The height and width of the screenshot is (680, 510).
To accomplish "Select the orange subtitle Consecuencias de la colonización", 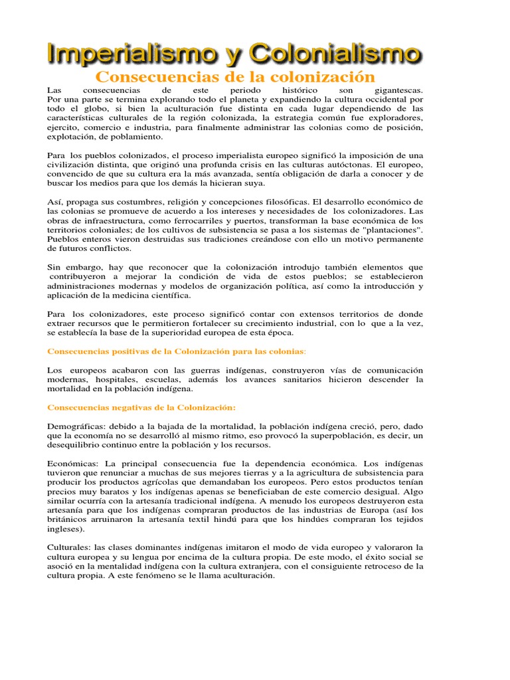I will [231, 77].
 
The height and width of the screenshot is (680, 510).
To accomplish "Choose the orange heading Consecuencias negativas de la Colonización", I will [141, 407].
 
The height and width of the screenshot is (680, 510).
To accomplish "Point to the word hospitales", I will [117, 379].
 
